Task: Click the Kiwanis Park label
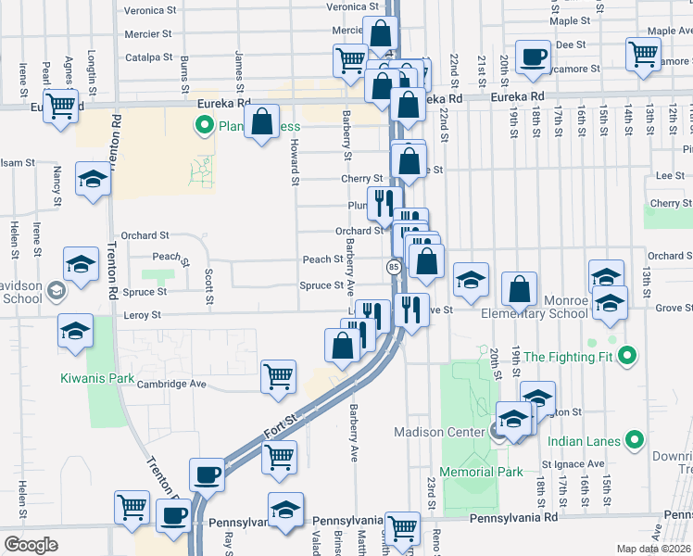[x=97, y=378]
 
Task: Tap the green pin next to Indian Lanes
[x=635, y=441]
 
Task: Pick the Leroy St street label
[x=143, y=315]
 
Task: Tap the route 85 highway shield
[x=394, y=267]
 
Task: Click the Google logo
[x=31, y=544]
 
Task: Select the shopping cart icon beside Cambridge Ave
[x=278, y=376]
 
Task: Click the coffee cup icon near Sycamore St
[x=532, y=57]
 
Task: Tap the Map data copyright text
[x=652, y=549]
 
